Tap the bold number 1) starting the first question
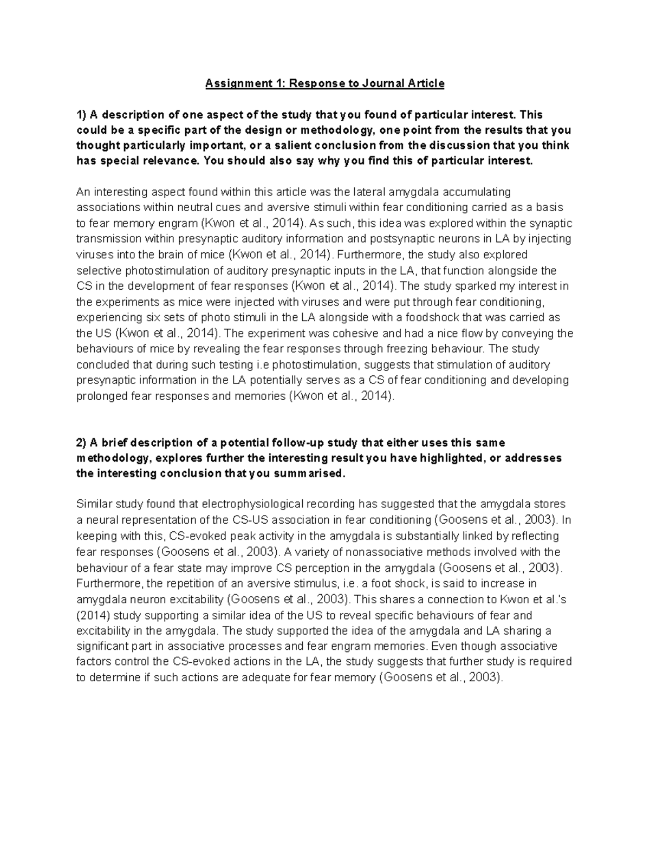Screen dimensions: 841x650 pyautogui.click(x=81, y=115)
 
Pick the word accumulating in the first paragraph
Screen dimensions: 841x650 pyautogui.click(x=477, y=192)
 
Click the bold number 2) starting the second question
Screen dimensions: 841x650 pyautogui.click(x=81, y=442)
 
